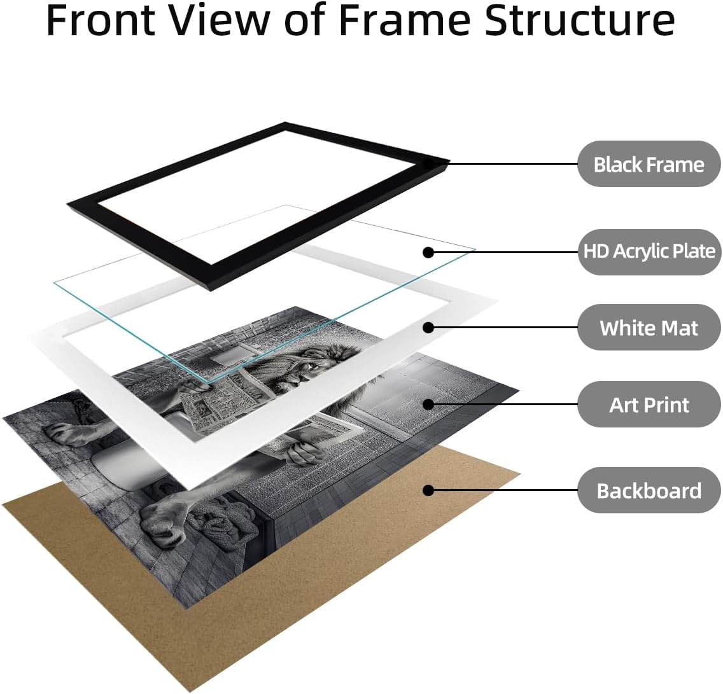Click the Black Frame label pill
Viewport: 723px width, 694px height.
click(649, 163)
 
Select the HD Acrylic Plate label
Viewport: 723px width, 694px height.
click(649, 252)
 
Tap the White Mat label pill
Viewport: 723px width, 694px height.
click(649, 327)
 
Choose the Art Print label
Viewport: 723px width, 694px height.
click(649, 404)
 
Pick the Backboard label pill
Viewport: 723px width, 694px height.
click(649, 490)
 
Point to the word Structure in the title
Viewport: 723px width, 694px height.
click(579, 21)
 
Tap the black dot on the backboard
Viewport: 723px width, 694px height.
click(428, 490)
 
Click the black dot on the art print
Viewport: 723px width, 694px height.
click(428, 404)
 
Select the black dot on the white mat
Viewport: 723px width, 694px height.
click(428, 328)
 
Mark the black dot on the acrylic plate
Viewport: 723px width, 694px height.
click(428, 252)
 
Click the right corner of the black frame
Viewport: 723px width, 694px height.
click(449, 162)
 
